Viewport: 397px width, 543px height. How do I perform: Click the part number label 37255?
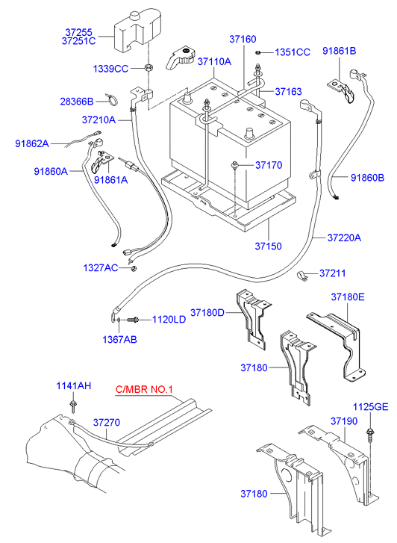coord(78,33)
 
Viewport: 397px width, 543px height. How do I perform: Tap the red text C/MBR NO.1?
coord(143,390)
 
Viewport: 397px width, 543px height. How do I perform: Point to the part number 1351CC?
coord(292,52)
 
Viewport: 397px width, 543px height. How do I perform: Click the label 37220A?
coord(343,238)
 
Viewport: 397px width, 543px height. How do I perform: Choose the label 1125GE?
coord(370,407)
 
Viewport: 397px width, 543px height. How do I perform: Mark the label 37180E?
coord(348,297)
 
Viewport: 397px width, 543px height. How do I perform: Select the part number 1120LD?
coord(169,320)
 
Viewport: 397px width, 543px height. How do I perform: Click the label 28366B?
coord(77,101)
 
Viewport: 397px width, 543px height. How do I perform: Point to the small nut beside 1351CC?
coord(257,52)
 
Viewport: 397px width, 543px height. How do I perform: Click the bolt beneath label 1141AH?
coord(75,406)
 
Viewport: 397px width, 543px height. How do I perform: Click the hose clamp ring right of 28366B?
coord(112,98)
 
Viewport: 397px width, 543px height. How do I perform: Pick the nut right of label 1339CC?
coord(148,69)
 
